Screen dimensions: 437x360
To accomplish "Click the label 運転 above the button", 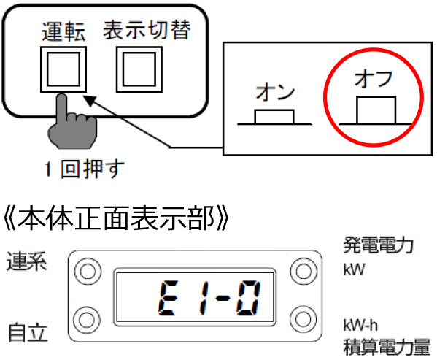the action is pyautogui.click(x=63, y=31).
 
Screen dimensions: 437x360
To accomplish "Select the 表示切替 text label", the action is pyautogui.click(x=147, y=29).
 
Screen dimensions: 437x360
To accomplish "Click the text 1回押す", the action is pyautogui.click(x=84, y=169).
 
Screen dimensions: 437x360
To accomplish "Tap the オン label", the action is pyautogui.click(x=275, y=92).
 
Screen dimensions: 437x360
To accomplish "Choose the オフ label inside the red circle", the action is pyautogui.click(x=374, y=78).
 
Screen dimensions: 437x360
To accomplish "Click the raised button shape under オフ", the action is pyautogui.click(x=376, y=110).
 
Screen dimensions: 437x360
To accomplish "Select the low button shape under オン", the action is pyautogui.click(x=274, y=117).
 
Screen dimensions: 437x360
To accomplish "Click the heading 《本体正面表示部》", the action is pyautogui.click(x=116, y=218).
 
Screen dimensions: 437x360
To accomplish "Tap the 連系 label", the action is pyautogui.click(x=27, y=261).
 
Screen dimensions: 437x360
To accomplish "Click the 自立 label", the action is pyautogui.click(x=28, y=332).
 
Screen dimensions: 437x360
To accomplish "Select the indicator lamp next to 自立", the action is pyautogui.click(x=87, y=320).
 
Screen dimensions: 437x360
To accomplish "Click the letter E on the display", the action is pyautogui.click(x=168, y=298).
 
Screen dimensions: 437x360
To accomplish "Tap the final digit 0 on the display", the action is pyautogui.click(x=248, y=298).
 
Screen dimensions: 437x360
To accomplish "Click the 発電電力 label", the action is pyautogui.click(x=378, y=245).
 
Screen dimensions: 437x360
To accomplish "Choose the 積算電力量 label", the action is pyautogui.click(x=387, y=347).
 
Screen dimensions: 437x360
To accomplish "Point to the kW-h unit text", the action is pyautogui.click(x=360, y=325).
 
